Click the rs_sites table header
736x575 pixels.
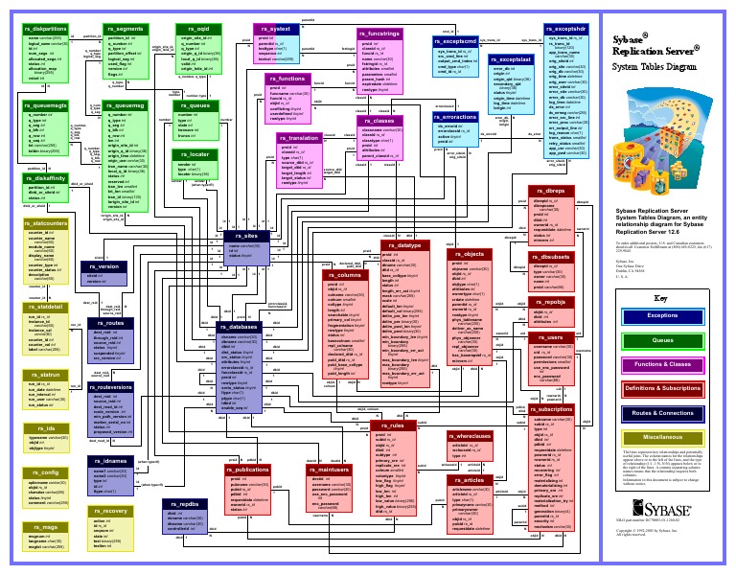[x=246, y=236]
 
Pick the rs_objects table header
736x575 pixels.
[x=470, y=254]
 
